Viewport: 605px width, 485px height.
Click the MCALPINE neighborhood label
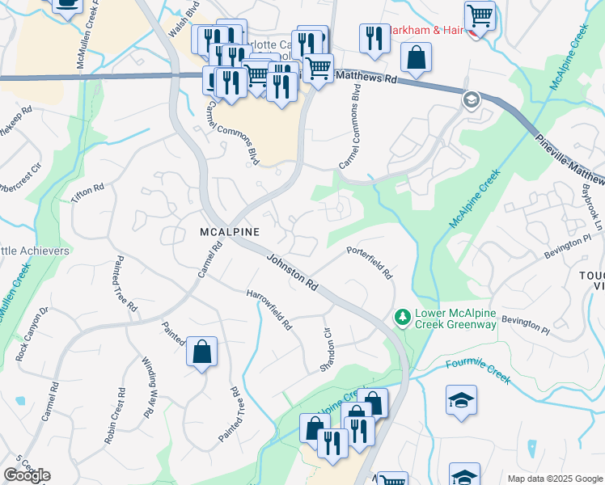coord(230,232)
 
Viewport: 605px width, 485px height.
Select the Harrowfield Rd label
coord(269,310)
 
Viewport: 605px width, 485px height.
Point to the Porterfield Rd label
coord(370,263)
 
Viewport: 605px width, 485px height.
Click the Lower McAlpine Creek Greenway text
coord(455,318)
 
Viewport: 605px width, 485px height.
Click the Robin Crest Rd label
coord(114,415)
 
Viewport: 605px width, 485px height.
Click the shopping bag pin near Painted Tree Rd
coord(201,352)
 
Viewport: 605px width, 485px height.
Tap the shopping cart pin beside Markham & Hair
coord(480,15)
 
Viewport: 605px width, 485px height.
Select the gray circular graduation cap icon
coord(470,100)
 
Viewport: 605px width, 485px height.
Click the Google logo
coord(27,475)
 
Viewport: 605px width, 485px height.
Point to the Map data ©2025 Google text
coord(555,479)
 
